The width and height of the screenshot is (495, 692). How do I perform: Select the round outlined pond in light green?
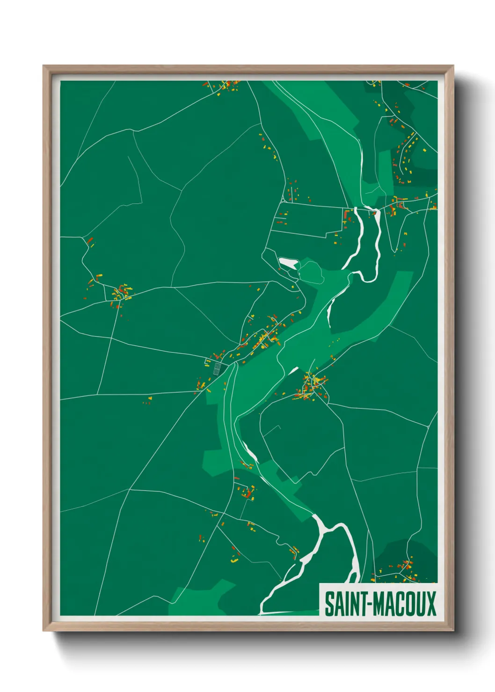pos(311,272)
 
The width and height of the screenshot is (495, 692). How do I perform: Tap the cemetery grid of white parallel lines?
pos(217,369)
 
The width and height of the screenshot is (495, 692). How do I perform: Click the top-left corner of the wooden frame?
pos(44,66)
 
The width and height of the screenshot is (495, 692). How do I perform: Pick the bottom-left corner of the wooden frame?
pos(44,631)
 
